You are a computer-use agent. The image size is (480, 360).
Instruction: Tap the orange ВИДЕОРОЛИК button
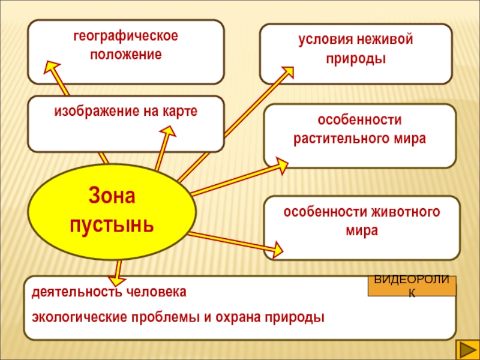click(412, 286)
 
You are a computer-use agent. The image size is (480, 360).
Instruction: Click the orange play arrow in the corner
click(466, 347)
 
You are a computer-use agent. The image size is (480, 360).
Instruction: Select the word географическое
click(126, 37)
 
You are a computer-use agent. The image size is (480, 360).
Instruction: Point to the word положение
click(126, 54)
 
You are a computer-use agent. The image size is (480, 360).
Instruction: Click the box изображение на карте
click(126, 123)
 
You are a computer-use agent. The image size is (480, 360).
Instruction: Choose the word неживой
click(383, 41)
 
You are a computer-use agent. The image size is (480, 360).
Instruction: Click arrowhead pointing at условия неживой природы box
click(287, 73)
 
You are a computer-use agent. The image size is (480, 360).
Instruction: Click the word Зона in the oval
click(112, 196)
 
